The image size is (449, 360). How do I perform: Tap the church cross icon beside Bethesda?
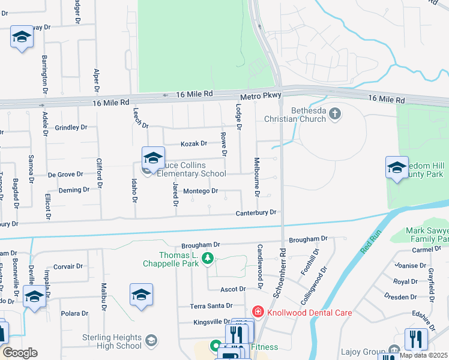point(335,112)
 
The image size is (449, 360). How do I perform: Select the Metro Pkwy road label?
point(260,97)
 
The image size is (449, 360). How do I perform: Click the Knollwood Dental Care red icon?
point(258,311)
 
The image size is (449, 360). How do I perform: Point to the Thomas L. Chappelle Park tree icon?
point(208,258)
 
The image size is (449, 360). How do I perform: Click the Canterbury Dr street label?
point(256,212)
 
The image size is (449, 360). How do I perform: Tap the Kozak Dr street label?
point(194,143)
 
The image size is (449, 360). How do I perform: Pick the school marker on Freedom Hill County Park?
point(397,168)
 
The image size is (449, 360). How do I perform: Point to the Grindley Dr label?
point(71,127)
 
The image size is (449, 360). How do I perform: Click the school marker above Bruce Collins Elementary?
point(153,158)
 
